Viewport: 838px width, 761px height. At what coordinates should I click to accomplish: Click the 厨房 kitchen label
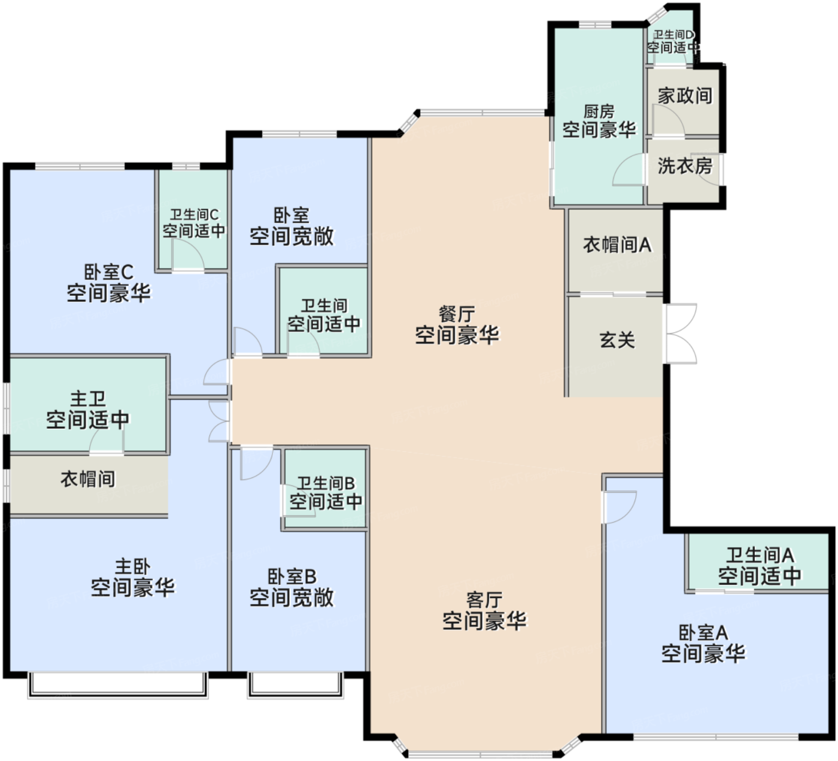pyautogui.click(x=599, y=111)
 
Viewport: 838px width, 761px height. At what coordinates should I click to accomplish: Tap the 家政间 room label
pyautogui.click(x=685, y=96)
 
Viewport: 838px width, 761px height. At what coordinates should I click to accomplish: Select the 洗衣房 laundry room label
pyautogui.click(x=685, y=166)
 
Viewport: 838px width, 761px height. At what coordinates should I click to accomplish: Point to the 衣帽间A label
pyautogui.click(x=617, y=244)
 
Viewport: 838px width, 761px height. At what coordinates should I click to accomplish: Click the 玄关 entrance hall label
pyautogui.click(x=617, y=339)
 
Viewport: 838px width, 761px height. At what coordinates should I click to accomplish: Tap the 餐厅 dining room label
pyautogui.click(x=457, y=314)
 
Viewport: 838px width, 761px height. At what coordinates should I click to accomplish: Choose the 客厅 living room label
pyautogui.click(x=484, y=600)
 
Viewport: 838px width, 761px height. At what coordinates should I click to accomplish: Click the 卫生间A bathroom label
pyautogui.click(x=760, y=555)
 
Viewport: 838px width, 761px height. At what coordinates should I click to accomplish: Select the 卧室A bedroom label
pyautogui.click(x=703, y=632)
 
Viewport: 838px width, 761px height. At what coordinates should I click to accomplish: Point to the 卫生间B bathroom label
pyautogui.click(x=326, y=483)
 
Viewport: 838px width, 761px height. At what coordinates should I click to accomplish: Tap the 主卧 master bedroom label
pyautogui.click(x=132, y=566)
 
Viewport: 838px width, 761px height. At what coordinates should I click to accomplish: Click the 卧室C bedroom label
pyautogui.click(x=108, y=272)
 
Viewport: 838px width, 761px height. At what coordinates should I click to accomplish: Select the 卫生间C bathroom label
pyautogui.click(x=194, y=214)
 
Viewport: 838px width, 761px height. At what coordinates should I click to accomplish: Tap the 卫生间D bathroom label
pyautogui.click(x=673, y=34)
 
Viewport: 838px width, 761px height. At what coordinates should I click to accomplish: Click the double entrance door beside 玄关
pyautogui.click(x=682, y=333)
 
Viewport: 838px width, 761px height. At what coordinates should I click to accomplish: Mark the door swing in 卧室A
pyautogui.click(x=619, y=507)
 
